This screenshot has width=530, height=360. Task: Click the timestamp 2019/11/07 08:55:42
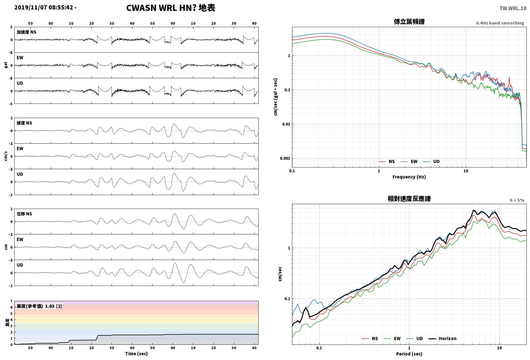coord(44,7)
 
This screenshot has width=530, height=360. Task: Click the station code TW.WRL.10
coord(513,8)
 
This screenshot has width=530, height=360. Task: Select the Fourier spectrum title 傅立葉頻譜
coord(409,22)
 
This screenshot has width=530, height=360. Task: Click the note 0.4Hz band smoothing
coord(500,23)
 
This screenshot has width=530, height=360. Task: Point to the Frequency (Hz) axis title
coord(409,177)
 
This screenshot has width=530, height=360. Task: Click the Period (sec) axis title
coord(409,354)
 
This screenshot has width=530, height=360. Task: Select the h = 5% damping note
coord(517,200)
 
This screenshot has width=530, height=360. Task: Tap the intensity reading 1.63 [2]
coord(53,306)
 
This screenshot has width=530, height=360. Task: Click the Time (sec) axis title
coord(136,354)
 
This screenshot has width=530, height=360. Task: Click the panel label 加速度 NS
coord(27,32)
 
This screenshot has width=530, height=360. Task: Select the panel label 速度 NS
coord(24,123)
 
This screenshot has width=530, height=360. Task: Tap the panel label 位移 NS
coord(24,214)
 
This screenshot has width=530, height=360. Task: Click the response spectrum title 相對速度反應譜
coord(409,199)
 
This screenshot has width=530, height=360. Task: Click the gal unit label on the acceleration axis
coord(6,65)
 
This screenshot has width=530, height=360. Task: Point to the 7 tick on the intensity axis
coord(11,301)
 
